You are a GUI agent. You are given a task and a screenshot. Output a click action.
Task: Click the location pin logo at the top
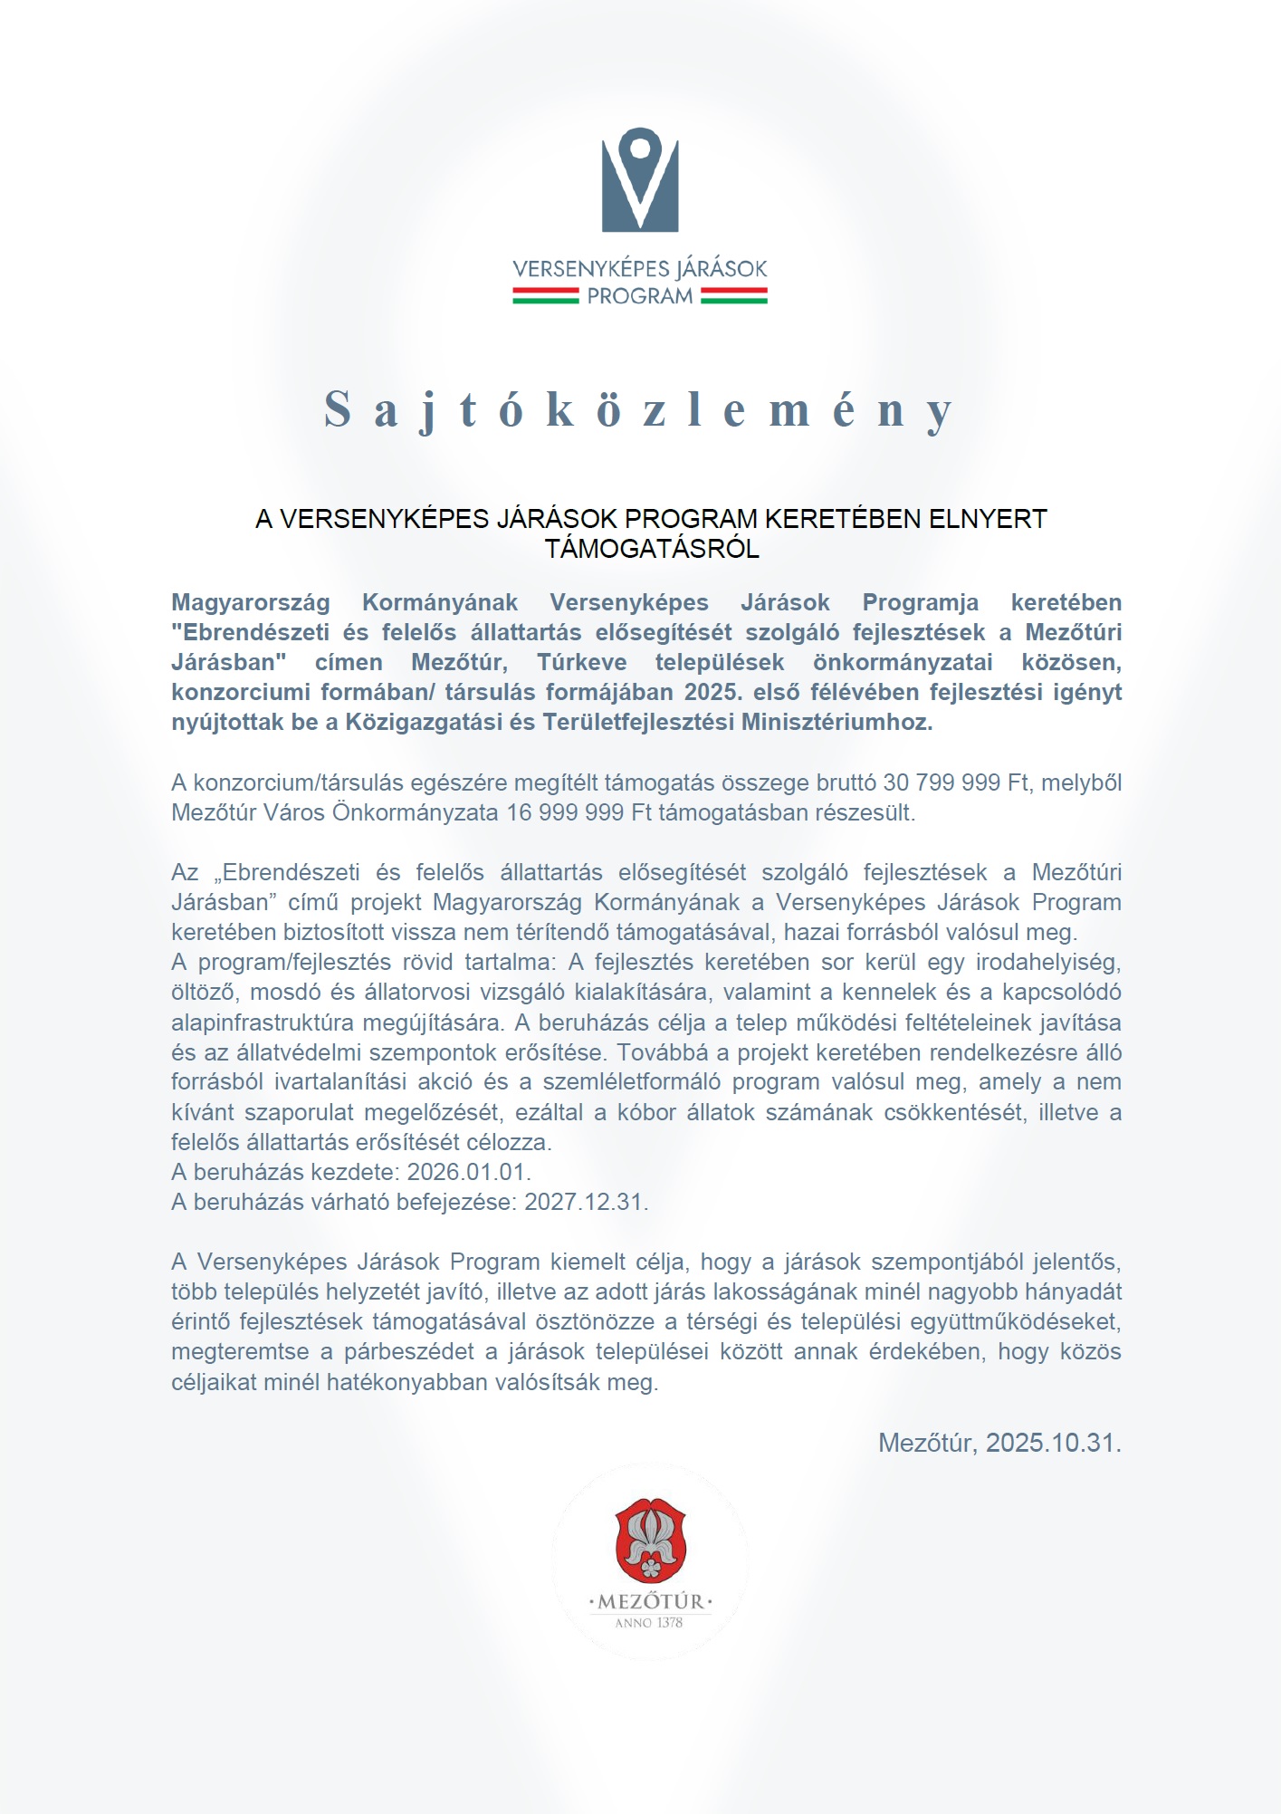[x=640, y=179]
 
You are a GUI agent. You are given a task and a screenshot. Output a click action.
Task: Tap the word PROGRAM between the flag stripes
[x=639, y=296]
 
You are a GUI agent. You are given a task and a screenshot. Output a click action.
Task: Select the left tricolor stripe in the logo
[x=545, y=295]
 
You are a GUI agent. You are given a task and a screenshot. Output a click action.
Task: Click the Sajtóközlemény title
[x=639, y=409]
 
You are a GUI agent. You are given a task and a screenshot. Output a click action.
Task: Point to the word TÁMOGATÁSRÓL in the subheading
[x=652, y=549]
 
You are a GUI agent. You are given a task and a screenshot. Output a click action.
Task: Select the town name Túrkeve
[x=581, y=662]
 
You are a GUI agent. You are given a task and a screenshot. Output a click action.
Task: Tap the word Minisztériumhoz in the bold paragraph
[x=836, y=722]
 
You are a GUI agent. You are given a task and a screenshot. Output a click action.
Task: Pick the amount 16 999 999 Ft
[x=579, y=812]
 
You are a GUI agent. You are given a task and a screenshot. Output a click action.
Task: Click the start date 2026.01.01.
[x=469, y=1172]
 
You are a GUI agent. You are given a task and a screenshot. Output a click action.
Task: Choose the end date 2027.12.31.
[x=587, y=1202]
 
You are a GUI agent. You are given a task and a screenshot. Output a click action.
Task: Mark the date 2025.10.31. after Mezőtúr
[x=1054, y=1443]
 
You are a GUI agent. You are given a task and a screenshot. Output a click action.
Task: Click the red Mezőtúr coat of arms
[x=650, y=1540]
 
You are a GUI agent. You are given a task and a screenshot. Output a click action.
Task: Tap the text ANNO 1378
[x=649, y=1623]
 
